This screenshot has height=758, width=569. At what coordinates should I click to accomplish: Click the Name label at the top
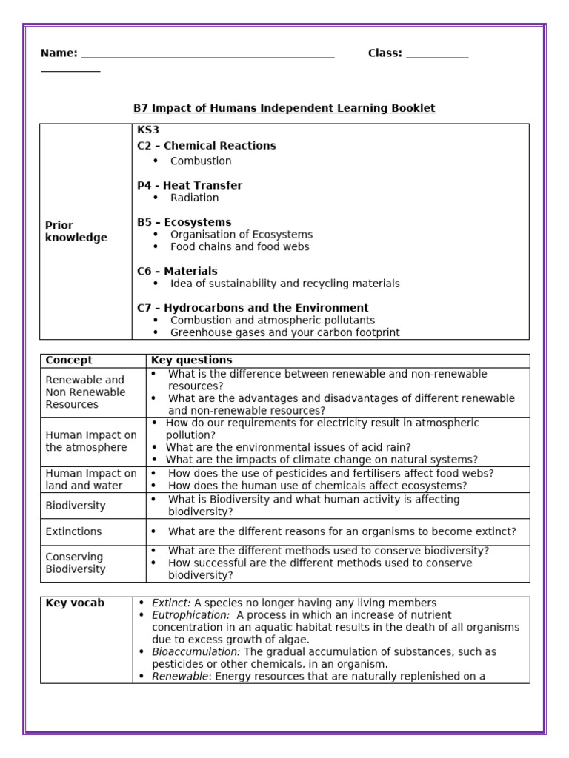[x=58, y=53]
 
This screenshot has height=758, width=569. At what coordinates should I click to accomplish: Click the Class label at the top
[x=385, y=53]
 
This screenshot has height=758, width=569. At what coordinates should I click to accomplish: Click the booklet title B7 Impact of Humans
[x=284, y=108]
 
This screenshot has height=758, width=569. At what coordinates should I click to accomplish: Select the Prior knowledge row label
[x=76, y=232]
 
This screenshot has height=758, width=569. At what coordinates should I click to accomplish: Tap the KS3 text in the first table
[x=148, y=130]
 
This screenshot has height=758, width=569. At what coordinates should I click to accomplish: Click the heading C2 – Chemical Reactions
[x=206, y=146]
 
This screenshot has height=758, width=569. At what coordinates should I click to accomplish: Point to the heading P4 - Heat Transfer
[x=189, y=185]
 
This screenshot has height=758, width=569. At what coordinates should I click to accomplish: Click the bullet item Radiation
[x=194, y=198]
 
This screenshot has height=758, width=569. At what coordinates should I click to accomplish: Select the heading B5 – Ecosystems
[x=184, y=222]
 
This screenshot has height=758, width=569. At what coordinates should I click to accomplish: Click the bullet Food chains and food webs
[x=239, y=246]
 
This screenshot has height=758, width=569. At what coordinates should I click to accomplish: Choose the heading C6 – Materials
[x=177, y=271]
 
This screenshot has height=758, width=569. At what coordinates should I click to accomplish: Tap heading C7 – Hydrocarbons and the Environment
[x=253, y=308]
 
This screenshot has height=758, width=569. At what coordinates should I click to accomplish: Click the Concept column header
[x=69, y=360]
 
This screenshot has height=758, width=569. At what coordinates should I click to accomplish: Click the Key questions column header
[x=191, y=360]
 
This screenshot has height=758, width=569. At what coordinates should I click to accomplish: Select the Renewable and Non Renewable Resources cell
[x=85, y=392]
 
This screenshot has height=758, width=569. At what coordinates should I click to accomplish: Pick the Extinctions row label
[x=73, y=531]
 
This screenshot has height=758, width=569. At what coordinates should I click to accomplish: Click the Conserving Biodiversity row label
[x=75, y=563]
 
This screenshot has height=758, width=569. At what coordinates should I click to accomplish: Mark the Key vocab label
[x=75, y=603]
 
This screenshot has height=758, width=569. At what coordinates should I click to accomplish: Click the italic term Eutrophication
[x=190, y=615]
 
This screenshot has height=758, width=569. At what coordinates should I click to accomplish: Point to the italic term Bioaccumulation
[x=196, y=652]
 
